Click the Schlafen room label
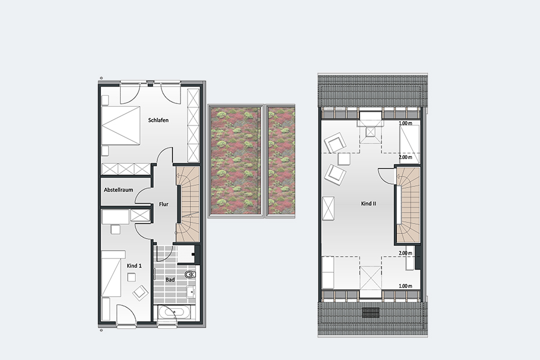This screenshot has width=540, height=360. pos(159,120)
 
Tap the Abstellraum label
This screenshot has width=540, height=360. pos(118,190)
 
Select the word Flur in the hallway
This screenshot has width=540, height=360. pos(164,204)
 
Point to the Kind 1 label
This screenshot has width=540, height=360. pos(134,266)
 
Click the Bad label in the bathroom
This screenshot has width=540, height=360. pos(170,280)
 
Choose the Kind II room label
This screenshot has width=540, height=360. pos(369,204)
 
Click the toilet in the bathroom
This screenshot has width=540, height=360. pos(190,275)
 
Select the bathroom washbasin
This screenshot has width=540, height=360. pos(191,292)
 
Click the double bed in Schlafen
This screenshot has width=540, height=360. pos(121,125)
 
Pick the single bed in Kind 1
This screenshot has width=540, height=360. pos(111,273)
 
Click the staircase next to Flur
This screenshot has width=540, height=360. pos(188,204)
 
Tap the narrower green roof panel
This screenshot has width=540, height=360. pos(281,160)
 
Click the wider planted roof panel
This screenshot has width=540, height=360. pos(236,160)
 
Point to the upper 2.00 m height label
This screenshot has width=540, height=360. pos(405,157)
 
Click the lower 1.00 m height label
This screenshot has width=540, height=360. pos(405,286)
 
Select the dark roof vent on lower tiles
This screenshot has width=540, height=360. pos(371,312)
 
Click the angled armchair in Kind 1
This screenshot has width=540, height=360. pos(141,293)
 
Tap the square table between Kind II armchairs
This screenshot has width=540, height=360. pos(344,159)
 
